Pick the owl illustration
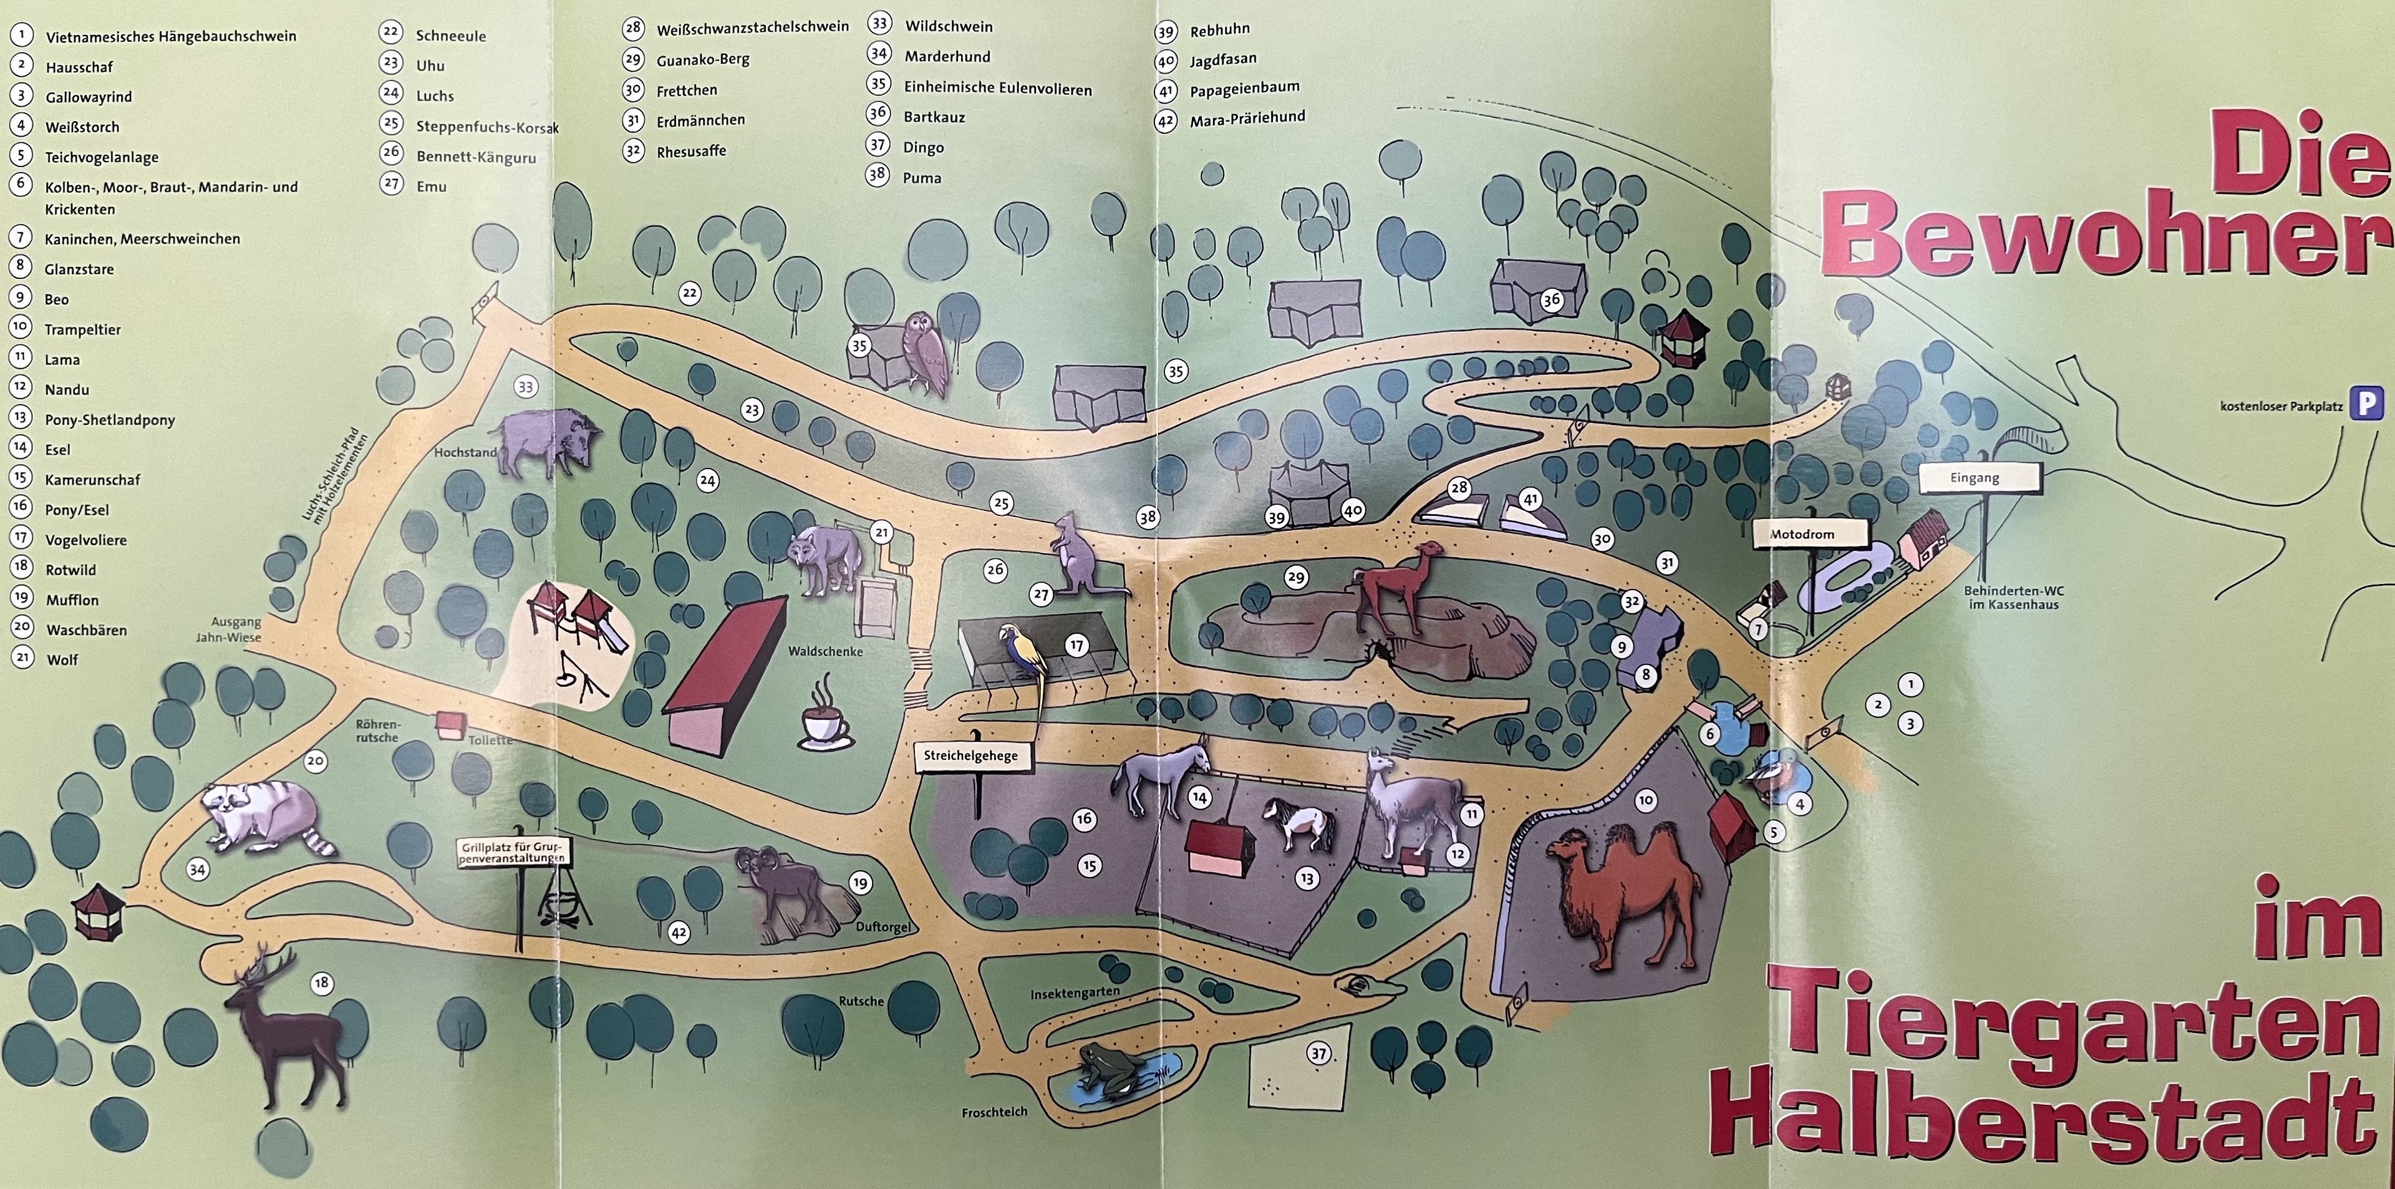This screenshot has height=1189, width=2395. coord(924,351)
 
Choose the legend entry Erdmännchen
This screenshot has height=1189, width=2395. coord(700,120)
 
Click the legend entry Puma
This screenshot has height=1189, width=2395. coord(921,178)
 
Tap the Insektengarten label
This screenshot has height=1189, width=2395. coord(1074,993)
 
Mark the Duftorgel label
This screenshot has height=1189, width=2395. coord(883,926)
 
